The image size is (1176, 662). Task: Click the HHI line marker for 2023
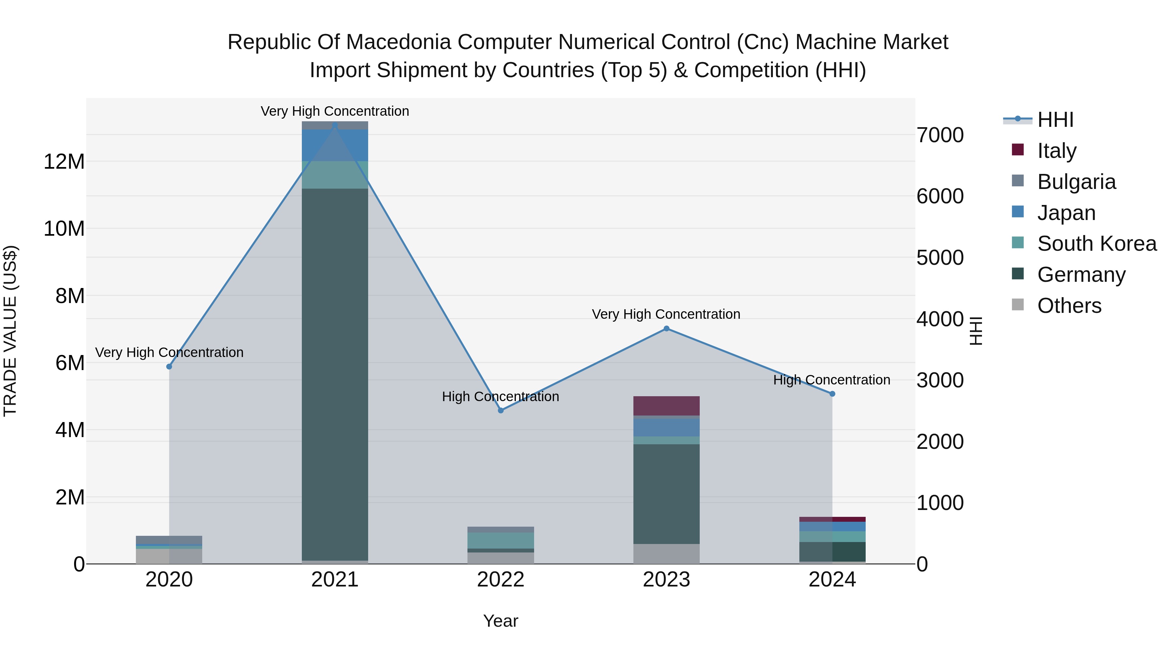click(666, 329)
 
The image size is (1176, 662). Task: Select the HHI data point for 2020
click(169, 366)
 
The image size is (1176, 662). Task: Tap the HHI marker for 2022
click(500, 410)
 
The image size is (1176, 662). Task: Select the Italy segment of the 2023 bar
click(666, 406)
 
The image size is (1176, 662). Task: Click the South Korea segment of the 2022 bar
click(500, 540)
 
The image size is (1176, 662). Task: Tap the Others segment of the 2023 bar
click(666, 554)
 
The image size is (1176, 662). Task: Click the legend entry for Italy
click(1056, 151)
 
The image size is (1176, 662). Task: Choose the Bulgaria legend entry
click(1076, 182)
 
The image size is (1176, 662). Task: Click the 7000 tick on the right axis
click(940, 135)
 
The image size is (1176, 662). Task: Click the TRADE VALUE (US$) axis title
click(10, 331)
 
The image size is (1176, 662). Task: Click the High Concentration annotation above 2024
click(831, 380)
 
